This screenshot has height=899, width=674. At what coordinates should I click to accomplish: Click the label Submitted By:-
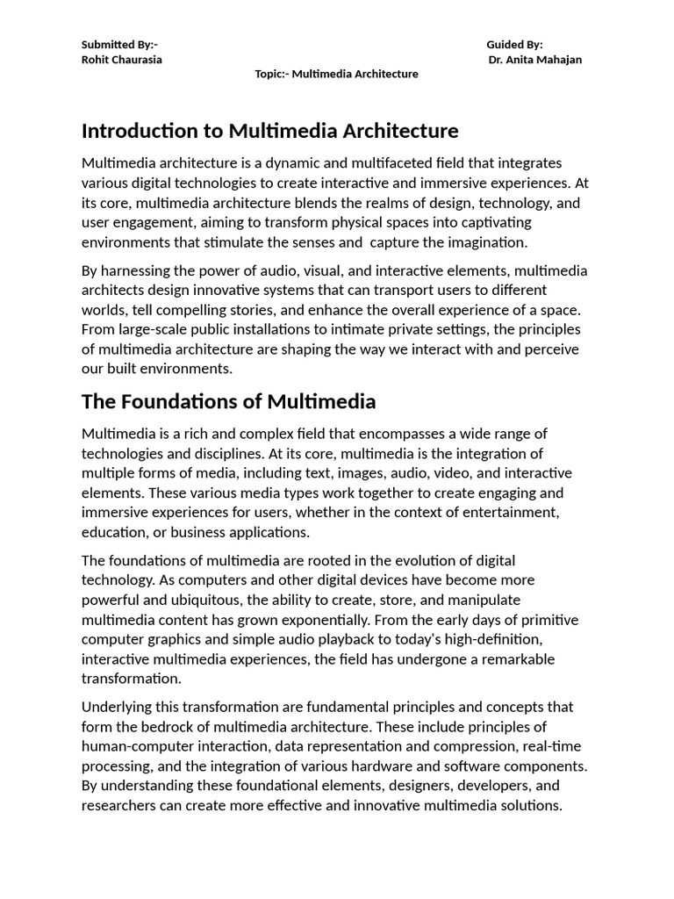(119, 45)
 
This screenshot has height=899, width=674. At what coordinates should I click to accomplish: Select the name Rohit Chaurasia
(121, 60)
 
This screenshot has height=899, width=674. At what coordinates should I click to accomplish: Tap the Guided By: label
(514, 45)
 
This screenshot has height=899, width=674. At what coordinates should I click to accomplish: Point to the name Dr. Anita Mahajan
(535, 60)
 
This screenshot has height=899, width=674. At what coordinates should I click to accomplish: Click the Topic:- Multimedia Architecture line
(336, 75)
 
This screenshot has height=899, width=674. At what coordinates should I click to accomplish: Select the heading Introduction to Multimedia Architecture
(269, 131)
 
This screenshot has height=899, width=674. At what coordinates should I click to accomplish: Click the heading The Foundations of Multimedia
(228, 401)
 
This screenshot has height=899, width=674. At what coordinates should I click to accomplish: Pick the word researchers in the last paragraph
(122, 806)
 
